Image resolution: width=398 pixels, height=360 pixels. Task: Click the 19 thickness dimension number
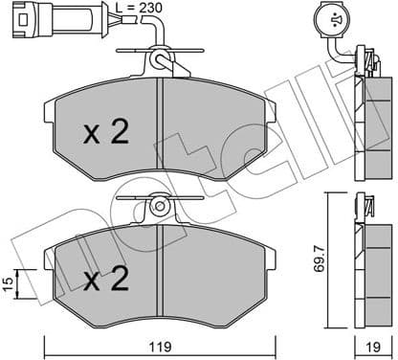375,347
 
